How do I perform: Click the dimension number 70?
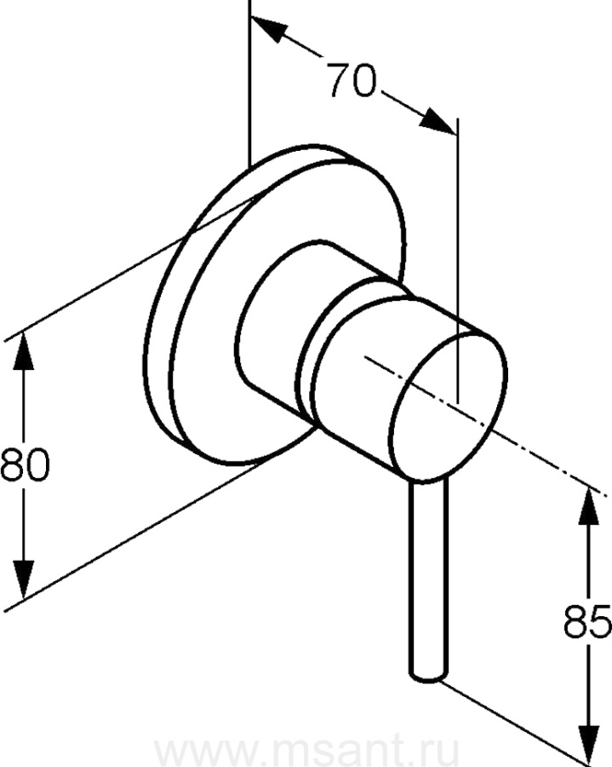tap(352, 81)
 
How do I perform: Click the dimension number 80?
tap(25, 464)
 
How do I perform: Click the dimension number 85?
tap(587, 620)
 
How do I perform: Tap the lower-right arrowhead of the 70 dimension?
tap(438, 121)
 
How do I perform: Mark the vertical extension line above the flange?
tap(249, 84)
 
